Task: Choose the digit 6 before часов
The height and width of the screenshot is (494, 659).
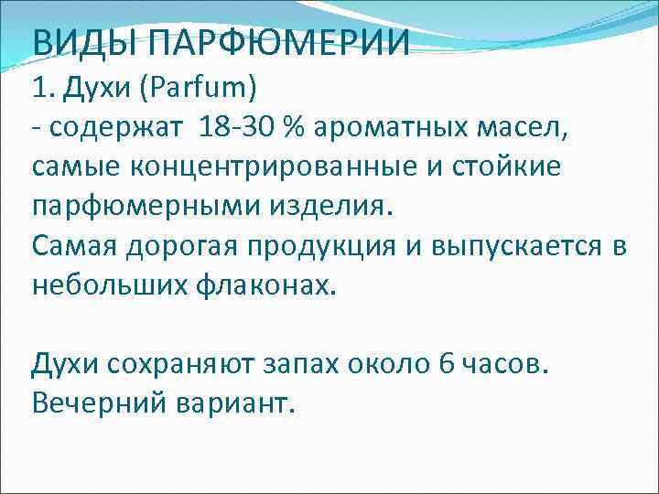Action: click(446, 364)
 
